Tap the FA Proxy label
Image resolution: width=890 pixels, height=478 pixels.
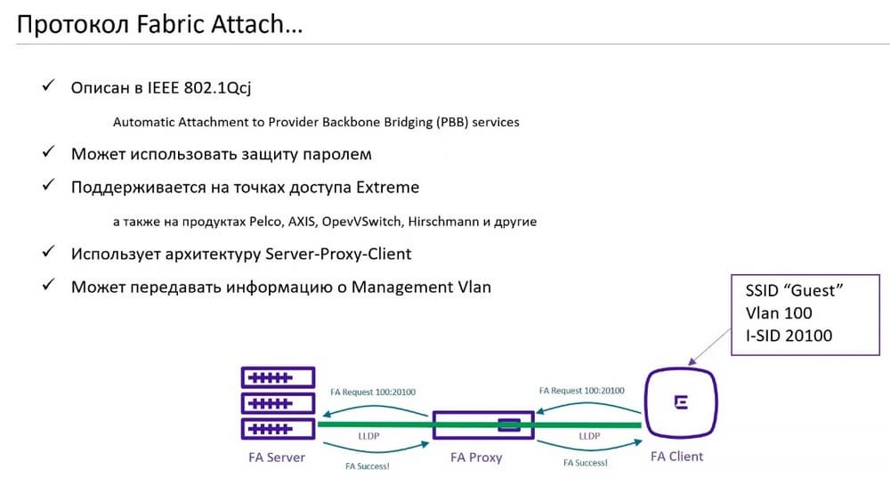coord(476,458)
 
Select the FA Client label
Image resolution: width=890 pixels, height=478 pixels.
coord(676,457)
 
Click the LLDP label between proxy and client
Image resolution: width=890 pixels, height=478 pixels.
coord(588,436)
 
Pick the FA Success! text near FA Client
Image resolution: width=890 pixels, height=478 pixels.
coord(586,463)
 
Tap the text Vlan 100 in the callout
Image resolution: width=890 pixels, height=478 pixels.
coord(779,313)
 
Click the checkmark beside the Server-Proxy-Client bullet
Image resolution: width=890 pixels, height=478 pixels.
coord(49,253)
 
